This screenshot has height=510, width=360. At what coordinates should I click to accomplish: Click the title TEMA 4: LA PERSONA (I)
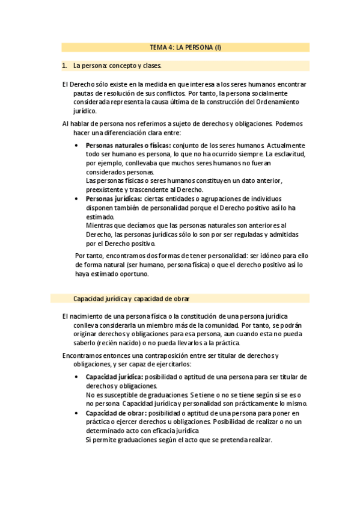pyautogui.click(x=186, y=47)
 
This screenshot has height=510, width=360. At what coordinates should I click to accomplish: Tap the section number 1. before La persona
pyautogui.click(x=65, y=66)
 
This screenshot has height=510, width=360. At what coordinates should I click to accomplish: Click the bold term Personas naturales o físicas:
pyautogui.click(x=128, y=146)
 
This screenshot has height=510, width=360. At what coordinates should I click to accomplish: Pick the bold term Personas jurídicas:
pyautogui.click(x=114, y=198)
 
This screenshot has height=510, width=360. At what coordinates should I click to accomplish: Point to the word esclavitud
pyautogui.click(x=290, y=154)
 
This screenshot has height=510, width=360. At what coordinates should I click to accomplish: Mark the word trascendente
pyautogui.click(x=159, y=189)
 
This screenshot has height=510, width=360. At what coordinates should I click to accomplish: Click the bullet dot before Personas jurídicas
pyautogui.click(x=76, y=198)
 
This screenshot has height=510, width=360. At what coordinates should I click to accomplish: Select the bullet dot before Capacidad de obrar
pyautogui.click(x=76, y=413)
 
